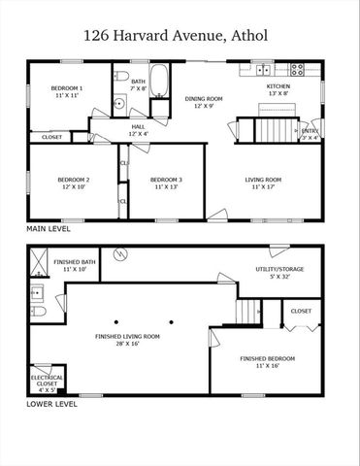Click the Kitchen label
279,87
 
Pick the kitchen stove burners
297,68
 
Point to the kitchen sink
264,69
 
